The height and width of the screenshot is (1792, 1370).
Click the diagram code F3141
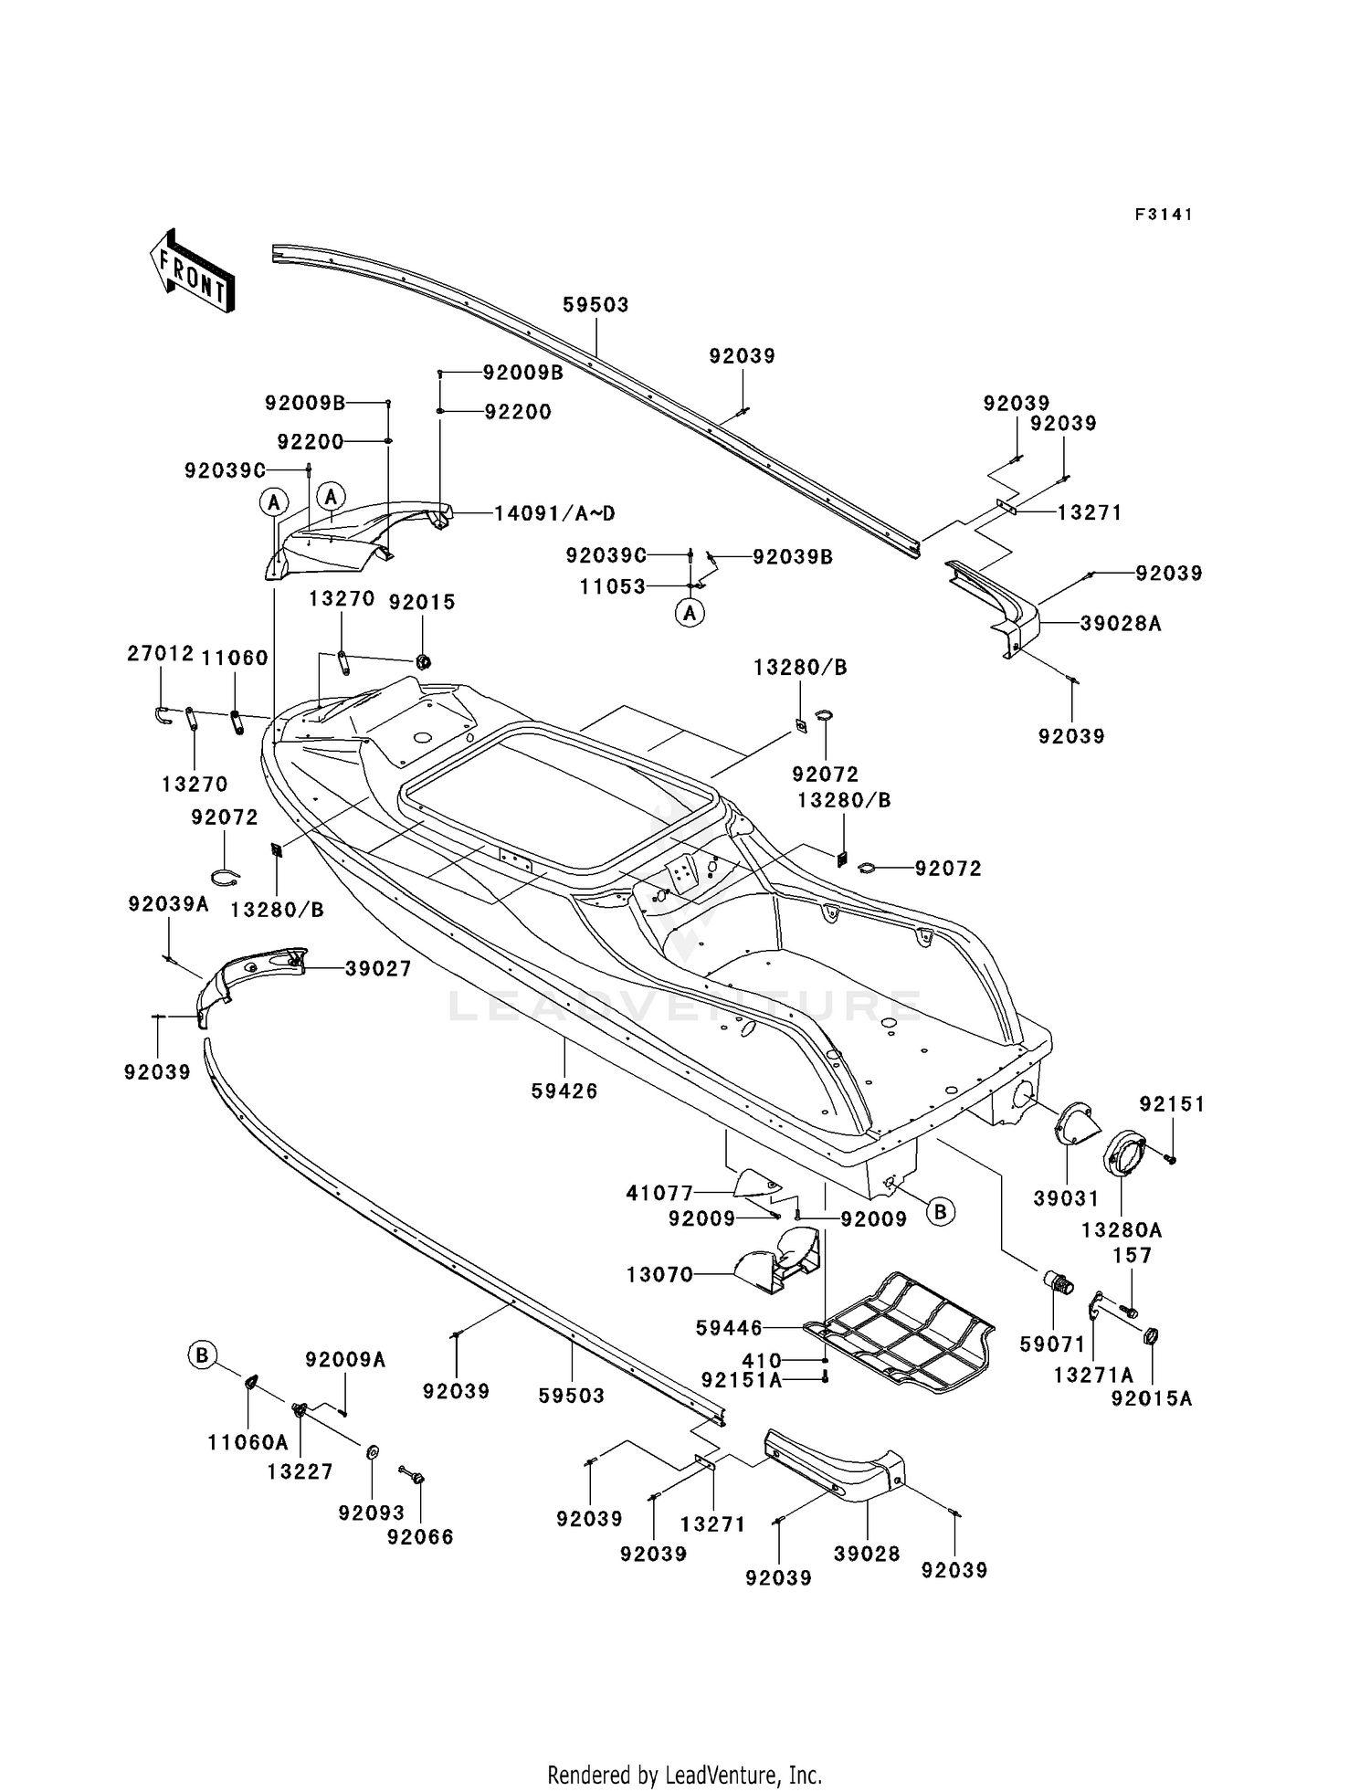pyautogui.click(x=1164, y=215)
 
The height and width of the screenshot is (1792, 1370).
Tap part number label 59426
pyautogui.click(x=564, y=1091)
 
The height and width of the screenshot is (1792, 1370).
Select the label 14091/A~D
pyautogui.click(x=554, y=512)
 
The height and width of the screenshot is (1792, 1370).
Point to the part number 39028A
pyautogui.click(x=1121, y=624)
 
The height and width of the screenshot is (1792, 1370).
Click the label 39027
pyautogui.click(x=378, y=968)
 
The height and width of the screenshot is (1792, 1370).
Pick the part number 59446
pyautogui.click(x=729, y=1328)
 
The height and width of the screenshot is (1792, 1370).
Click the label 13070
pyautogui.click(x=659, y=1274)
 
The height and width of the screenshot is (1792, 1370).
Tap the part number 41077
pyautogui.click(x=659, y=1192)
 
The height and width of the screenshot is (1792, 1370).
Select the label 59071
pyautogui.click(x=1052, y=1344)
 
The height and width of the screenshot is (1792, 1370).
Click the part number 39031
pyautogui.click(x=1066, y=1198)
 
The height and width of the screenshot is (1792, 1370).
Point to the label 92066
pyautogui.click(x=420, y=1537)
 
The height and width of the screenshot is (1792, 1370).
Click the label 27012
pyautogui.click(x=161, y=653)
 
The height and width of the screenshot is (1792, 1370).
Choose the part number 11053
pyautogui.click(x=613, y=586)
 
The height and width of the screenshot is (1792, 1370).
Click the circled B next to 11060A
pyautogui.click(x=202, y=1355)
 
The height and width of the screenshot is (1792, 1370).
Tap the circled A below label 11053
pyautogui.click(x=690, y=613)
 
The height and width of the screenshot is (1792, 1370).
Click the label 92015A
pyautogui.click(x=1152, y=1398)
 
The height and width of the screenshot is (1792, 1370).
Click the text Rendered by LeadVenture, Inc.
pyautogui.click(x=685, y=1775)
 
